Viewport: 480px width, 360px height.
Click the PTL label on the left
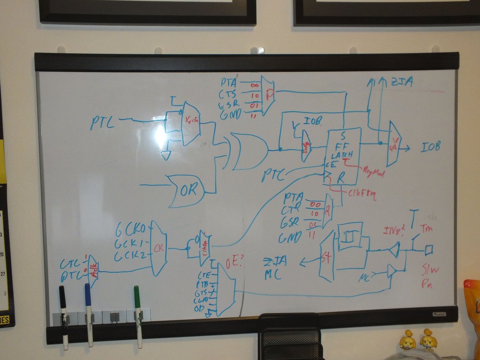(102, 123)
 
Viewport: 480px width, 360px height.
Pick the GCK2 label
(130, 256)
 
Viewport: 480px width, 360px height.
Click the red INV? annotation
(394, 231)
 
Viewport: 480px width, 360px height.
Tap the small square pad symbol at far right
(429, 250)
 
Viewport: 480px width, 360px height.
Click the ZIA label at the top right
(402, 83)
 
